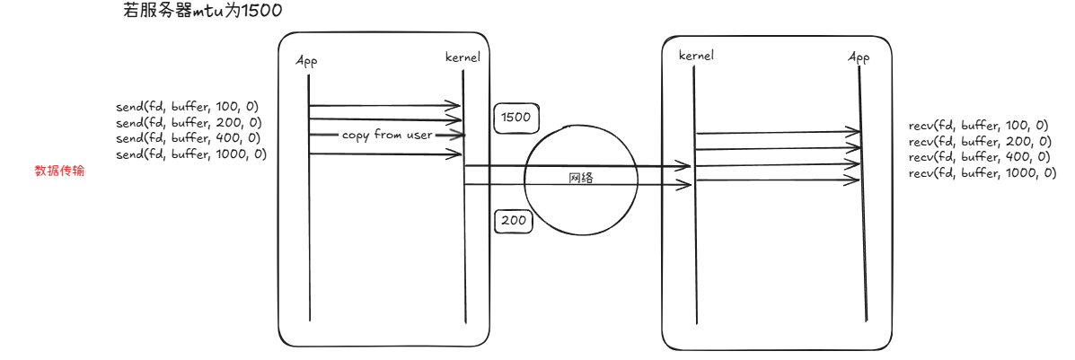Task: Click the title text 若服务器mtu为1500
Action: pos(202,12)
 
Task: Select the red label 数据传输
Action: pos(59,171)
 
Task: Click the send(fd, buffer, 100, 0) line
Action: pos(188,107)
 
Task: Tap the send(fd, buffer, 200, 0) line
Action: pos(188,122)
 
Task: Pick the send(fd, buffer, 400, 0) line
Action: pos(188,138)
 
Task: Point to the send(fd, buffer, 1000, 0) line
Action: pos(191,154)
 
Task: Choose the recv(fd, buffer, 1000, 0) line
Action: pos(982,173)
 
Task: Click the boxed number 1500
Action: pos(515,118)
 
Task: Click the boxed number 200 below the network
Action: pos(515,221)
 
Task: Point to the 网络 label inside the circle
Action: pos(581,179)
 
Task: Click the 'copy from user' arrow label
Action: pos(387,136)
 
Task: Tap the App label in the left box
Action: pos(307,60)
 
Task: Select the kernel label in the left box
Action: pos(463,57)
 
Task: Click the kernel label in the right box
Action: pos(696,56)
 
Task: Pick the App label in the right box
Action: pos(859,57)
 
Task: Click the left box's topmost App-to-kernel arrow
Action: pos(384,106)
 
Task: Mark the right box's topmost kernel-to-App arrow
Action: pos(777,133)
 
